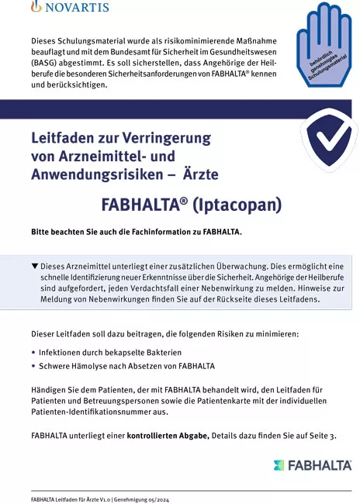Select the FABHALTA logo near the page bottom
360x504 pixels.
coord(313,465)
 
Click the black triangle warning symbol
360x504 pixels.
coord(34,266)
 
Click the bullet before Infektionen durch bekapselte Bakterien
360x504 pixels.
coord(33,351)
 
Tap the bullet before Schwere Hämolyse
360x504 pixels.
coord(33,365)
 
